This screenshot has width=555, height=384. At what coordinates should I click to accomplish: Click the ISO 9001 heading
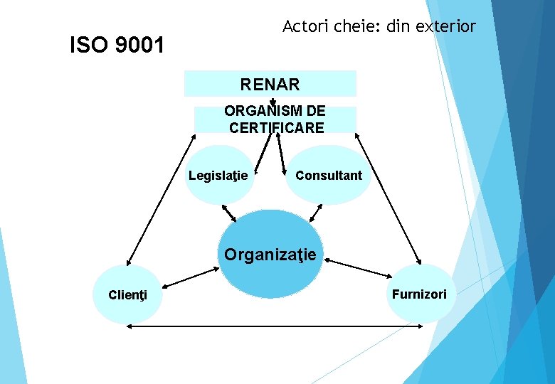click(117, 46)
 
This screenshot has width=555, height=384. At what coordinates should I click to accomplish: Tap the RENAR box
click(270, 84)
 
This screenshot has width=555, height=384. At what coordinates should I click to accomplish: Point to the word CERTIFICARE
click(277, 128)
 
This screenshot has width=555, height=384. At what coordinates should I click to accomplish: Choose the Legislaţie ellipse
click(220, 175)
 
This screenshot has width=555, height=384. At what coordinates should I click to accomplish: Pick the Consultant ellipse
click(328, 175)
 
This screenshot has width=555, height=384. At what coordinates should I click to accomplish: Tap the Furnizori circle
click(419, 294)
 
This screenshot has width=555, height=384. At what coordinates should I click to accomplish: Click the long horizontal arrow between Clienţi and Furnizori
click(270, 326)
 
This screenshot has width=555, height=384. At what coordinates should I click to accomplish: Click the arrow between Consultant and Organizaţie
click(316, 213)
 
